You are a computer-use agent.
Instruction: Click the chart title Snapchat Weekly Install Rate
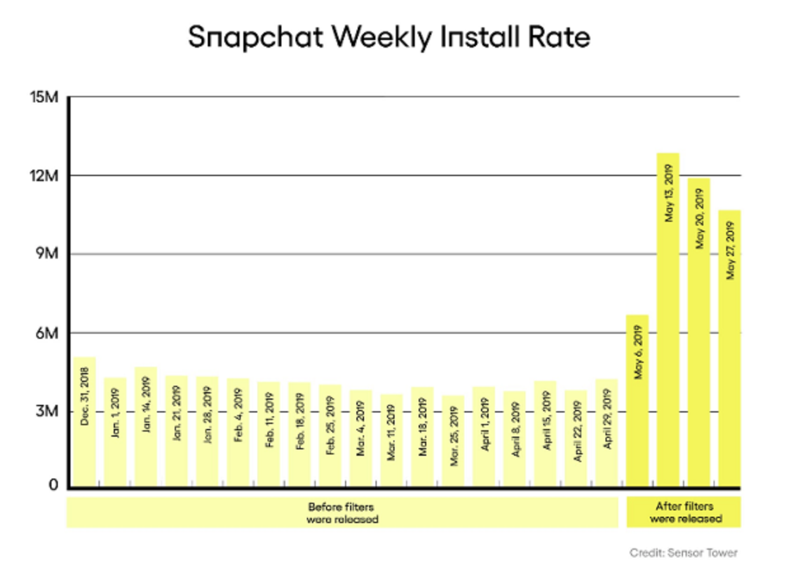coord(389,37)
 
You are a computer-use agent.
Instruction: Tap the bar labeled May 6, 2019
coord(637,400)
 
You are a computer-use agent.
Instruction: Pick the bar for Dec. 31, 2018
coord(85,422)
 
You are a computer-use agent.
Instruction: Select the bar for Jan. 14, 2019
coord(146,426)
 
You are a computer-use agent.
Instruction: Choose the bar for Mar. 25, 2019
coord(453,441)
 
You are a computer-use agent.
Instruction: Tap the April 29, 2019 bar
coord(607,433)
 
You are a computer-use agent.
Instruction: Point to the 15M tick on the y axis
coord(44,97)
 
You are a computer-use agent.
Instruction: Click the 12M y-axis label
coord(44,176)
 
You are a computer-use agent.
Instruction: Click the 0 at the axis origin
coord(53,486)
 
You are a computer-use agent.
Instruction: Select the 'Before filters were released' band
coord(342,513)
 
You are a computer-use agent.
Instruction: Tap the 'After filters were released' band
coord(684,513)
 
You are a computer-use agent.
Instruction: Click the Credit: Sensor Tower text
coord(684,553)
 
